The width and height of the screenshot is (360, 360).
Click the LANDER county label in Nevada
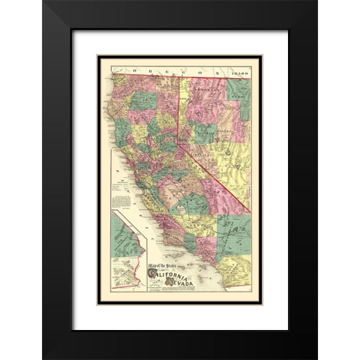(220, 109)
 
